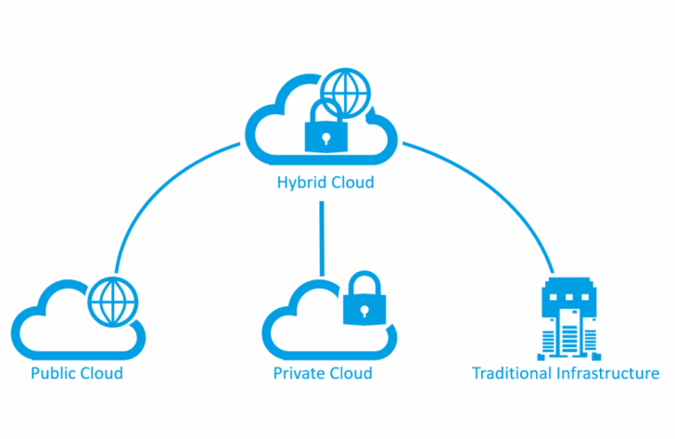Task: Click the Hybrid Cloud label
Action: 325,183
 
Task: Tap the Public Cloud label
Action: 77,374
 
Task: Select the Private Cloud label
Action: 323,374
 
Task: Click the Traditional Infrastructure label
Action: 566,374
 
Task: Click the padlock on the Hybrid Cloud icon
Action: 325,131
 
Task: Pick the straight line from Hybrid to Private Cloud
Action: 322,237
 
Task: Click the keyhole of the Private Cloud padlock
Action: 363,310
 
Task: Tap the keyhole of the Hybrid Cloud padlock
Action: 325,137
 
